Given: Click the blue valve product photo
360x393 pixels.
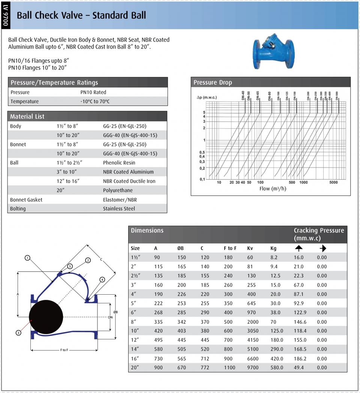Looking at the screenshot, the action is (x=273, y=51).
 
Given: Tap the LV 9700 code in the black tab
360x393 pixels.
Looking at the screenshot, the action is (x=6, y=15).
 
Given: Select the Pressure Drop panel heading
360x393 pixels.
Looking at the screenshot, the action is (x=213, y=83).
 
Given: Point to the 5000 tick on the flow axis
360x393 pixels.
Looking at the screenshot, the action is (x=333, y=182).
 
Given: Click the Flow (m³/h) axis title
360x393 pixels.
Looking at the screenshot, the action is (x=273, y=189).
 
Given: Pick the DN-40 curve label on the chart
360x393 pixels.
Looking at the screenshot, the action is (x=243, y=95).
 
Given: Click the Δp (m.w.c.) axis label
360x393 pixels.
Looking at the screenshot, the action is (x=207, y=97).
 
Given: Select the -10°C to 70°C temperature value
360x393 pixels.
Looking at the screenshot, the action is (x=95, y=101).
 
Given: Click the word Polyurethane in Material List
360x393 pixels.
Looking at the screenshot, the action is (x=118, y=190).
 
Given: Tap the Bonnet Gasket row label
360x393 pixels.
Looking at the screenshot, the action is (x=26, y=200).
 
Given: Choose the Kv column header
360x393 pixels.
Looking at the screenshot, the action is (x=250, y=248).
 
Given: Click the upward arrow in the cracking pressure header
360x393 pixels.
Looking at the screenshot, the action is (x=298, y=248).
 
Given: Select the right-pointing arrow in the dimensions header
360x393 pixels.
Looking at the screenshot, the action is (x=323, y=248).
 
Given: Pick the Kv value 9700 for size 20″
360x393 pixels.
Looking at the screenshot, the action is (x=253, y=367).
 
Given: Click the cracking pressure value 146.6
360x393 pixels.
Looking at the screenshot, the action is (x=300, y=322).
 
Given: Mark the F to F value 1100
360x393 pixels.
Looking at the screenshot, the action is (x=229, y=367).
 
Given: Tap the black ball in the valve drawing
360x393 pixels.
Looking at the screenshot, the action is (x=46, y=317).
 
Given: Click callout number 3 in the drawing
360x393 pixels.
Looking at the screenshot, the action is (x=18, y=333).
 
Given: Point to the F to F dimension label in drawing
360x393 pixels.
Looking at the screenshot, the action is (x=64, y=350).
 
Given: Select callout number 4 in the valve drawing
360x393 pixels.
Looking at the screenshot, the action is (x=102, y=280).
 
